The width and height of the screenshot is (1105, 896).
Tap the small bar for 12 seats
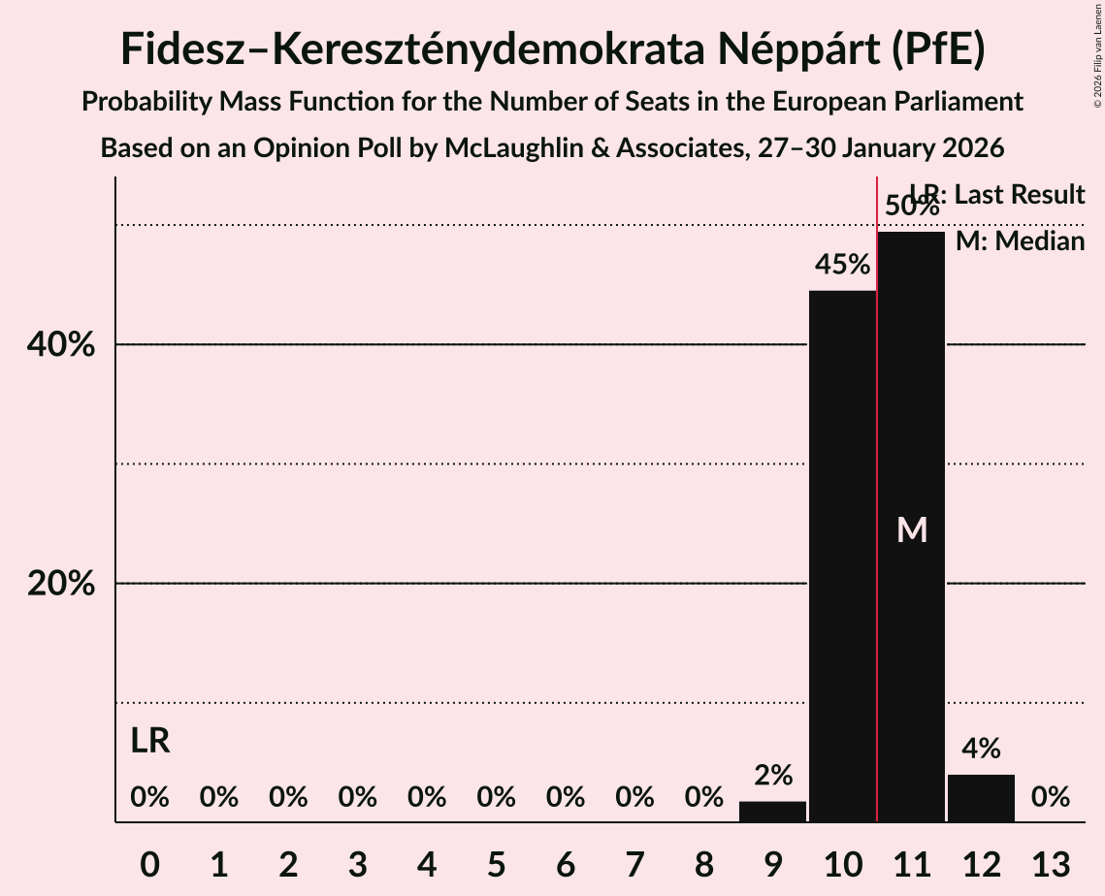tap(981, 798)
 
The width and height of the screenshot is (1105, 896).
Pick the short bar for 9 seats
tap(772, 812)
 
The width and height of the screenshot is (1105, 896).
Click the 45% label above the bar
tap(842, 265)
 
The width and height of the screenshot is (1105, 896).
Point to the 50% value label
tap(912, 206)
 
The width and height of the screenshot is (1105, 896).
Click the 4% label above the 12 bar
tap(981, 749)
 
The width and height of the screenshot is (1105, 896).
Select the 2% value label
tap(773, 775)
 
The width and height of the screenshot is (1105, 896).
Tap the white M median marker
tap(912, 529)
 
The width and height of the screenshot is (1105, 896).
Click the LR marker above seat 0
tap(150, 741)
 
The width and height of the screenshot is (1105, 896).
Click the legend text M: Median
tap(1020, 241)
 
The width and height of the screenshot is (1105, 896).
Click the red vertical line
tap(877, 485)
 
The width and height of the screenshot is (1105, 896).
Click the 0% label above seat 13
tap(1051, 797)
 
